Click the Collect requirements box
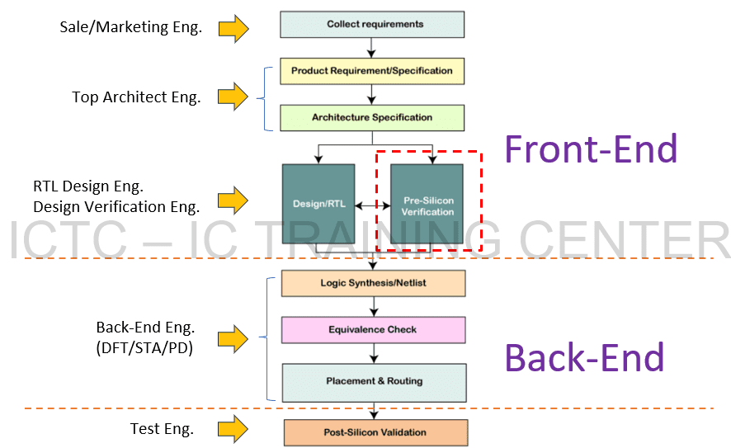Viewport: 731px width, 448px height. pyautogui.click(x=373, y=24)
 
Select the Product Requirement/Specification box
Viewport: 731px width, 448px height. pyautogui.click(x=372, y=71)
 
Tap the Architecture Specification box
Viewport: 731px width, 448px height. pyautogui.click(x=372, y=117)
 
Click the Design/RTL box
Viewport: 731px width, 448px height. pyautogui.click(x=318, y=203)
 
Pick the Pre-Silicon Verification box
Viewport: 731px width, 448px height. pyautogui.click(x=427, y=205)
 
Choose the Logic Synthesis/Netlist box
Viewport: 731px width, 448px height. pyautogui.click(x=373, y=283)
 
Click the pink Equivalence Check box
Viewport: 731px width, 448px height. pyautogui.click(x=373, y=330)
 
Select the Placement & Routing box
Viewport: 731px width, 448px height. pyautogui.click(x=374, y=381)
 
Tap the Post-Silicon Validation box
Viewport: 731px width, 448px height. pyautogui.click(x=375, y=432)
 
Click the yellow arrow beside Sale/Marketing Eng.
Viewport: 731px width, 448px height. pyautogui.click(x=233, y=28)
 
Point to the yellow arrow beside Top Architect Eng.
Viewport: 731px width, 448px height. pyautogui.click(x=233, y=97)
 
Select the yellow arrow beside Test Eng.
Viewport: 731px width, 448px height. pyautogui.click(x=233, y=429)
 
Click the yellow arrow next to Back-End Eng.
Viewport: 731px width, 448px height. pyautogui.click(x=233, y=337)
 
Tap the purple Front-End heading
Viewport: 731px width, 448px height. pyautogui.click(x=591, y=149)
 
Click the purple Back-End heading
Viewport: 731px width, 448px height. pyautogui.click(x=584, y=358)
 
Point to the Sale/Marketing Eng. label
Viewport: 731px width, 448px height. pyautogui.click(x=130, y=27)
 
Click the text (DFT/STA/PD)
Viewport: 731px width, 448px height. pyautogui.click(x=144, y=348)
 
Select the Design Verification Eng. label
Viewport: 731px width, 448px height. pyautogui.click(x=116, y=207)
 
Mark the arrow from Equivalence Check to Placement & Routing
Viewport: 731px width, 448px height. pyautogui.click(x=374, y=353)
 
